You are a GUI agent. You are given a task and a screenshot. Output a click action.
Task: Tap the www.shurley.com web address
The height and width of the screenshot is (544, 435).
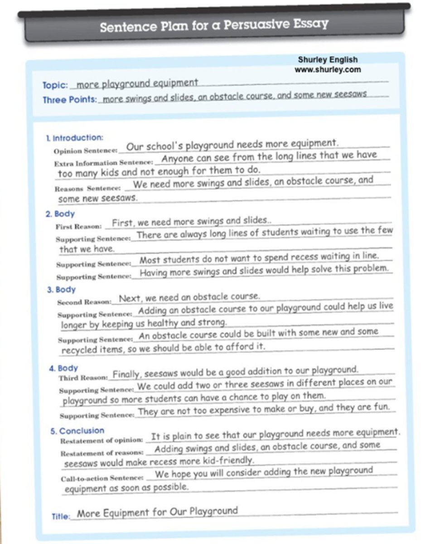pos(328,70)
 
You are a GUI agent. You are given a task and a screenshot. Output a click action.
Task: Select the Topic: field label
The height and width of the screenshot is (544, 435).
pos(55,85)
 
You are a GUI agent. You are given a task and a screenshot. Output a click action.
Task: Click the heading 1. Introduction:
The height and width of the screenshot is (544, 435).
pos(75,138)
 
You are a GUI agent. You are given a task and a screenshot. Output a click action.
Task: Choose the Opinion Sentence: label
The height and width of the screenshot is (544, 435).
pos(86,151)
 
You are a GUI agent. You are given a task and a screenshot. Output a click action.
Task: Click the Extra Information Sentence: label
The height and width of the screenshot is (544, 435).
pos(104,163)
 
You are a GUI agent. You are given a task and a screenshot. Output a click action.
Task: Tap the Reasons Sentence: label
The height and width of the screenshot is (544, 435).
pos(87,188)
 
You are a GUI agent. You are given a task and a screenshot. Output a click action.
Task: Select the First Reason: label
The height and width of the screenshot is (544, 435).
pos(77,226)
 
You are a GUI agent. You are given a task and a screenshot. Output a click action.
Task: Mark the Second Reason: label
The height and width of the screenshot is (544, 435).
pos(84,302)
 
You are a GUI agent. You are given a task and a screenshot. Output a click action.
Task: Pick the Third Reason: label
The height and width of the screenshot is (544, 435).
pos(83,378)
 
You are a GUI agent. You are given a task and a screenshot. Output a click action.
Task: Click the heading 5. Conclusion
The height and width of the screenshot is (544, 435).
pos(77,431)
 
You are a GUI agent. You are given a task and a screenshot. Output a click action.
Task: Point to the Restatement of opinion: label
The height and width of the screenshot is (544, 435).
pos(102,440)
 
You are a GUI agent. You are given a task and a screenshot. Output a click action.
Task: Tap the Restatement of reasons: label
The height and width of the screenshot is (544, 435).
pos(102,453)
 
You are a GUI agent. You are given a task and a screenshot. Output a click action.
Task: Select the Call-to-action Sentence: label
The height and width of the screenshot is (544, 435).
pos(102,478)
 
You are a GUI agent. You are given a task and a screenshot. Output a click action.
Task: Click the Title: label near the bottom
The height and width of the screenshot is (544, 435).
pos(61,516)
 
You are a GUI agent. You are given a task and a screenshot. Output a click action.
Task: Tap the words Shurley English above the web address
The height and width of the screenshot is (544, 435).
pos(328,60)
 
